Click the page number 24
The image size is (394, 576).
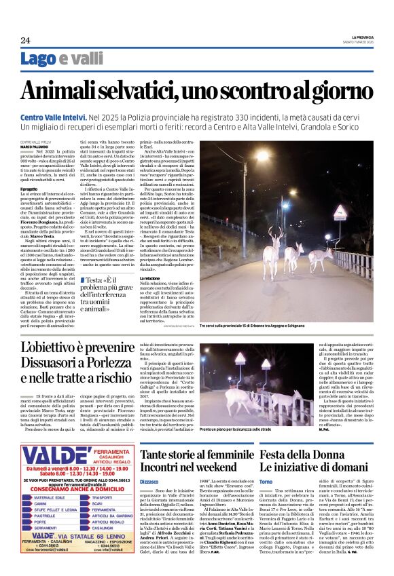coord(25,40)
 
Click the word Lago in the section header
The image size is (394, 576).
coord(39,59)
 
